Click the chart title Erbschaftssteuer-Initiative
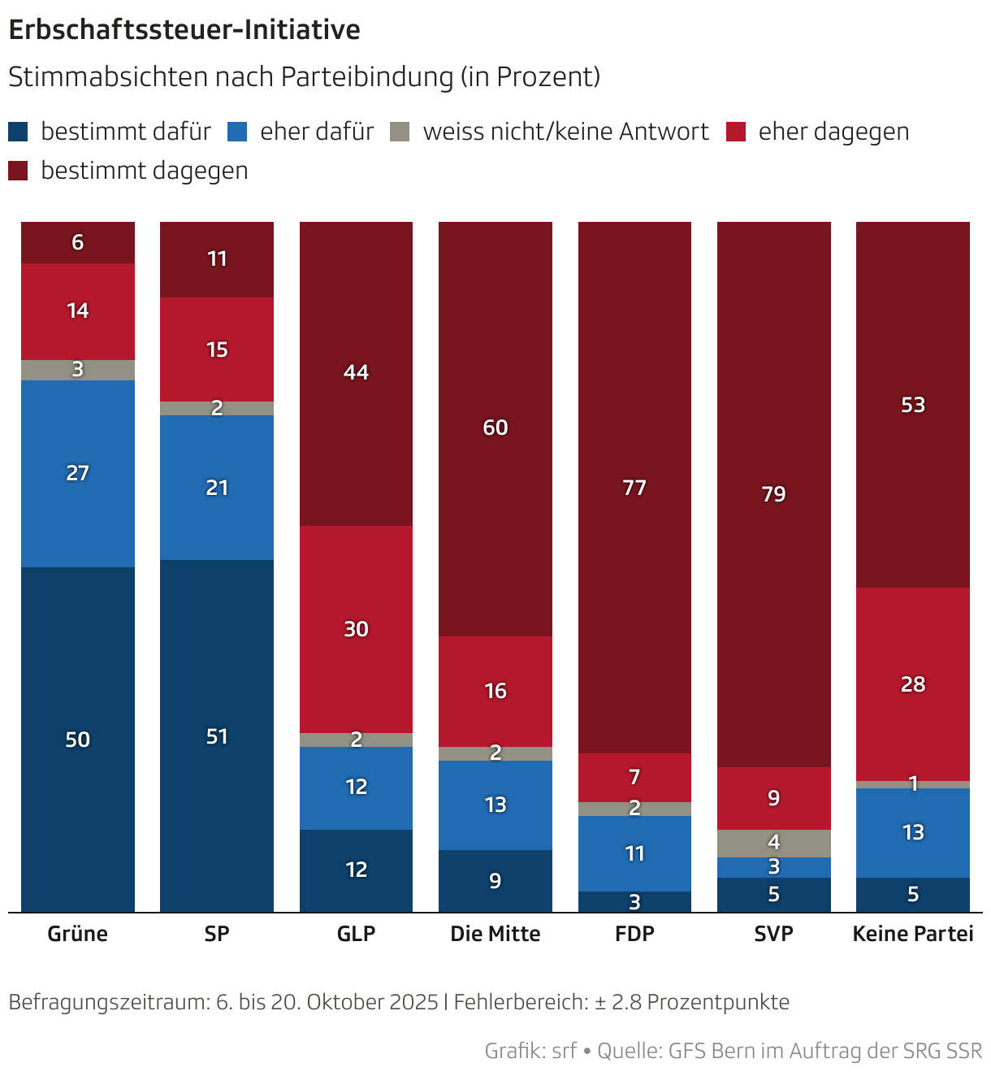click(184, 30)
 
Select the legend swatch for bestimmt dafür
click(18, 132)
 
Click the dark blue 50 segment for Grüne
click(78, 739)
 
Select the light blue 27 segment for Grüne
click(78, 473)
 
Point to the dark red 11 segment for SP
click(217, 259)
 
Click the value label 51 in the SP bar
click(217, 736)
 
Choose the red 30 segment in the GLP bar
click(356, 629)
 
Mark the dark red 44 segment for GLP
click(356, 372)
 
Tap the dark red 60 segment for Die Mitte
click(495, 427)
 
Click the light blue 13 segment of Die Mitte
click(495, 805)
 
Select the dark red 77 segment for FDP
click(634, 488)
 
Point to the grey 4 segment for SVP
click(773, 843)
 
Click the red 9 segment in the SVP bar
click(773, 798)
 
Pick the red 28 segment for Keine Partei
click(913, 684)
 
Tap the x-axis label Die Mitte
click(495, 934)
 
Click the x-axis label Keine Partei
click(913, 934)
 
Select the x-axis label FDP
click(634, 934)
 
